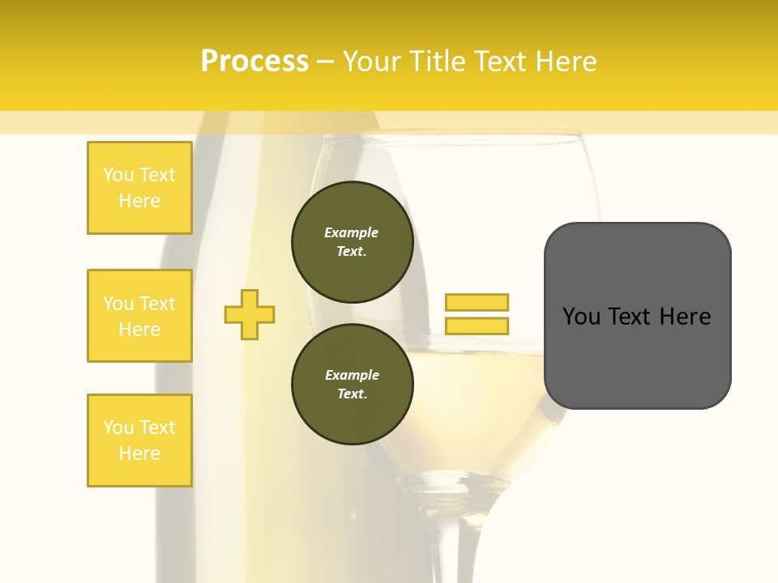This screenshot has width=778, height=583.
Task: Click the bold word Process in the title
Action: pos(254,62)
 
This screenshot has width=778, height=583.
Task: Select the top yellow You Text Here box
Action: pos(139,188)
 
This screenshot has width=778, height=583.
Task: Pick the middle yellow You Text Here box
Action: pos(139,316)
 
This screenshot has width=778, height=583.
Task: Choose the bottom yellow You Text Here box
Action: pos(139,440)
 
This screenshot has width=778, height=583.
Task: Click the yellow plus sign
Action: pos(250,314)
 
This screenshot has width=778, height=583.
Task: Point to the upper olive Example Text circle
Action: pos(352,242)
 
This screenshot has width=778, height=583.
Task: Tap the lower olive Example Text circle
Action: pos(352,385)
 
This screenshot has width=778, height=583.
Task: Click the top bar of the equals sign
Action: pos(477,302)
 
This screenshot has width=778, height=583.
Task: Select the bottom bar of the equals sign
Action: pos(477,326)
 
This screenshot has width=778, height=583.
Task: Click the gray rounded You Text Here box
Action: pos(637,316)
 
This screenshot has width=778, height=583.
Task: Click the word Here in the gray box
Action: pos(685,317)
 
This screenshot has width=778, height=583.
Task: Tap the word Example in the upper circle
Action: pos(352,232)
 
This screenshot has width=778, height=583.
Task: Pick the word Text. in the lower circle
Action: pos(352,394)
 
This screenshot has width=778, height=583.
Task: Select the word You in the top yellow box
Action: pos(118,175)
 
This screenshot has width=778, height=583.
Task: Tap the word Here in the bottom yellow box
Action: pos(139,453)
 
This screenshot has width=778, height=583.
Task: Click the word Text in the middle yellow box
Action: pos(157,304)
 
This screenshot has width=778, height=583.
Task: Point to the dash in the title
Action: pos(325,62)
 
